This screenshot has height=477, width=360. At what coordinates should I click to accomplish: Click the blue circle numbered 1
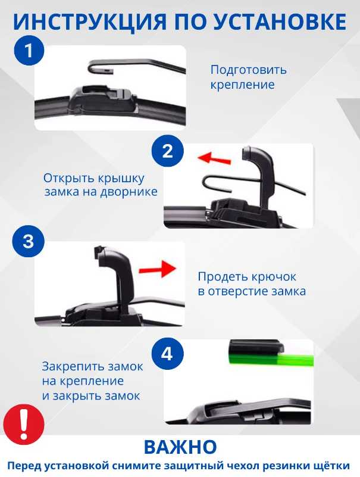point(29,50)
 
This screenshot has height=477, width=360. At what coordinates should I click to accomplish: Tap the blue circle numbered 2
point(168,150)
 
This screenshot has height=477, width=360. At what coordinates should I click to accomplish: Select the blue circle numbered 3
point(29,241)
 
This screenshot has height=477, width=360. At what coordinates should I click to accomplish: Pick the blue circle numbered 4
point(168,354)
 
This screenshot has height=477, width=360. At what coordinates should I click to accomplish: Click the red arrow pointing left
point(214,158)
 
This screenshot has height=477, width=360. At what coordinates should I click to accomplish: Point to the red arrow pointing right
point(157,269)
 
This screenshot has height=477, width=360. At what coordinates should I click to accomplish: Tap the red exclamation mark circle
point(24,424)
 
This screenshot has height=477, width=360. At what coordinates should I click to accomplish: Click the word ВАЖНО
point(180,447)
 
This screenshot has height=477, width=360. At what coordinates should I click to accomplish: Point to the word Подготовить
point(248,70)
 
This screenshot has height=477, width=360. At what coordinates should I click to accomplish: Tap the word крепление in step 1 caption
point(242,85)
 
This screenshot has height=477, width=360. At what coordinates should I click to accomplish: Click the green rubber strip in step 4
point(271,359)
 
